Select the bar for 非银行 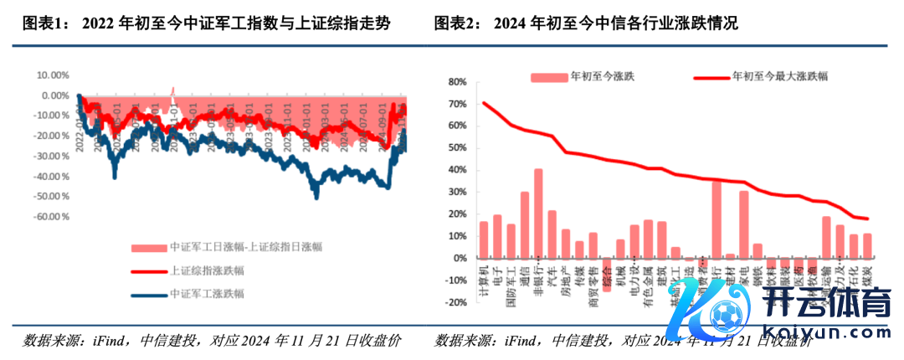click(538, 213)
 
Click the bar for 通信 click(525, 225)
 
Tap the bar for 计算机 click(483, 240)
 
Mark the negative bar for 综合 click(607, 269)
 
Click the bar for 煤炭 click(867, 246)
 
